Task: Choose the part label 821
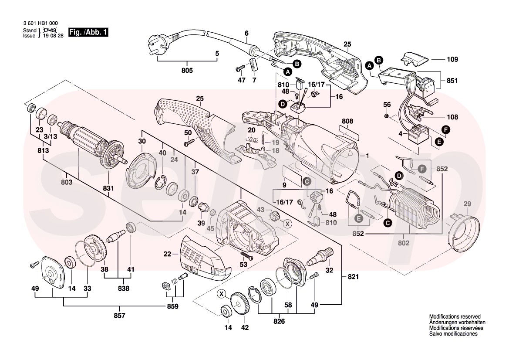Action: (354, 277)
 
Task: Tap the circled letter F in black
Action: (445, 129)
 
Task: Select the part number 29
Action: (467, 204)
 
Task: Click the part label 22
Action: (168, 253)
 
